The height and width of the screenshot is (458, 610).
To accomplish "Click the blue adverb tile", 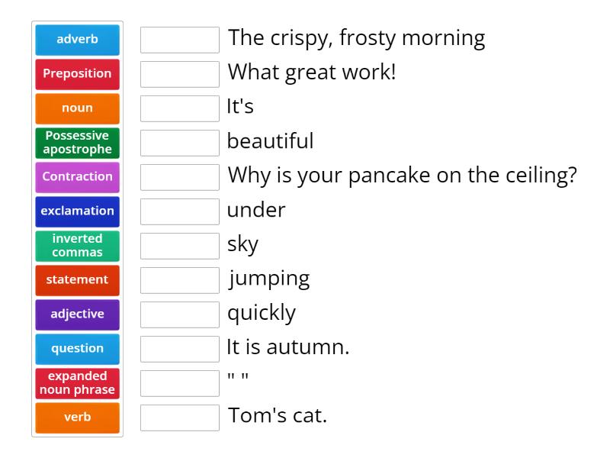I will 77,40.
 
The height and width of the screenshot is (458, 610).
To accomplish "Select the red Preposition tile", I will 77,74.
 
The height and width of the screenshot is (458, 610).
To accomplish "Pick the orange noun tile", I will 77,108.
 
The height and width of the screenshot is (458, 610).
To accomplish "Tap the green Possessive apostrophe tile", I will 77,143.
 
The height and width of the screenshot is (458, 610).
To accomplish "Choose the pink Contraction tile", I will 77,177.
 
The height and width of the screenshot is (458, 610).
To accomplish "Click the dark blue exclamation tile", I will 77,211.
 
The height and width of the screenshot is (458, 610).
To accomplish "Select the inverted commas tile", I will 77,246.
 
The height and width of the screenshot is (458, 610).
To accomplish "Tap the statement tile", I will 77,280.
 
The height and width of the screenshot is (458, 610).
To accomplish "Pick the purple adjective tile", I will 77,314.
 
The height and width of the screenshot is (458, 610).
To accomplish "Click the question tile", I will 77,349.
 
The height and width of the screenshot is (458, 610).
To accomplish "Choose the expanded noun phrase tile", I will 77,383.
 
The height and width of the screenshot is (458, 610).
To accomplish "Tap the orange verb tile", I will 77,418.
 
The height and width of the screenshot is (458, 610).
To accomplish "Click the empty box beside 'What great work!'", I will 180,74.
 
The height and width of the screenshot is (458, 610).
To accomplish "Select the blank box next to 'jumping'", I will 180,280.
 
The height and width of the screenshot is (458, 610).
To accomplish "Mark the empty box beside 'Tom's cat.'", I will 180,418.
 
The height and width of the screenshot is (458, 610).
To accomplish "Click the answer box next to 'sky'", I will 180,246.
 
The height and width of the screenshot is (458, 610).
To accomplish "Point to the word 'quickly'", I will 262,313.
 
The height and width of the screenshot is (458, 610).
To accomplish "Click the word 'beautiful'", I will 270,141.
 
